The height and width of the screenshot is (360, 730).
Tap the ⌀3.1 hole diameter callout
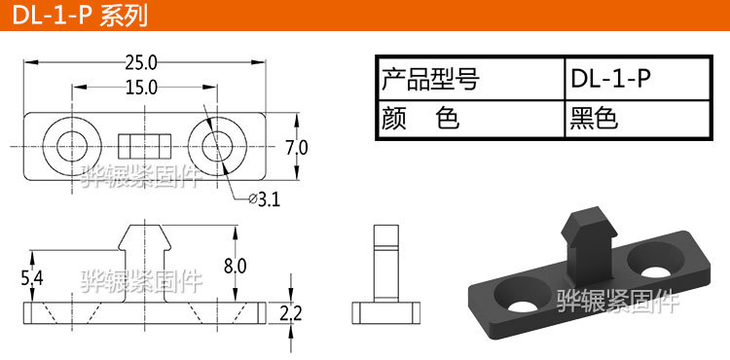coord(265,200)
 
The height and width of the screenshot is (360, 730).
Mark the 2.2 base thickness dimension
coord(290,313)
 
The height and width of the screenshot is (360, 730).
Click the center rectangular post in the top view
coord(142,147)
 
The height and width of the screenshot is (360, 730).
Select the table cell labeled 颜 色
coord(470,120)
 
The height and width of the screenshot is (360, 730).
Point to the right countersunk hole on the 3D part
coord(655,258)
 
